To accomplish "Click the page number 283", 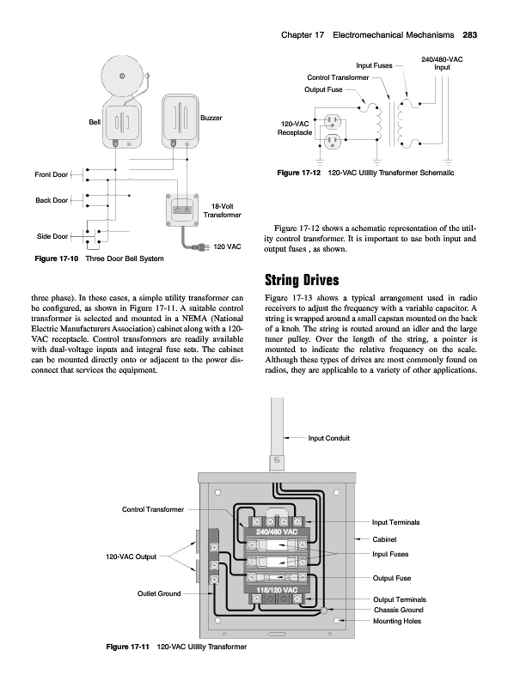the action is tap(469, 35).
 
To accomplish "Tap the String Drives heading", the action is tap(302, 280).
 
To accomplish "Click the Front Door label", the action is tap(52, 174).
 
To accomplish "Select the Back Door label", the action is tap(52, 200).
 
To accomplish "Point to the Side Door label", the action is tap(52, 236).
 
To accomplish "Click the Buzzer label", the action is tap(211, 118).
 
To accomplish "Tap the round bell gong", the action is tap(123, 76).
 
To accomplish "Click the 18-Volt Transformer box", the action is tap(181, 210).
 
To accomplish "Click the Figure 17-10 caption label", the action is tap(57, 258).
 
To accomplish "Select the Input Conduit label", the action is tap(329, 438).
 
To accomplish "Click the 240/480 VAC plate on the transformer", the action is tap(277, 532).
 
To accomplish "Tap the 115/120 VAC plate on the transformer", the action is tap(277, 590).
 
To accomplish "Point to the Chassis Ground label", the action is tap(398, 610).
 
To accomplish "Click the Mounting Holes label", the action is tap(397, 621).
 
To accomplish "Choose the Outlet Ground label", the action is tap(159, 593).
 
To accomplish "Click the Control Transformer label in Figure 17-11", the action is tap(153, 509).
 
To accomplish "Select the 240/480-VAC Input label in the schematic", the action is tap(442, 64).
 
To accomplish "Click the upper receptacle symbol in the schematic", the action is tap(332, 121).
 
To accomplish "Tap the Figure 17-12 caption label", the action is tap(299, 173).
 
